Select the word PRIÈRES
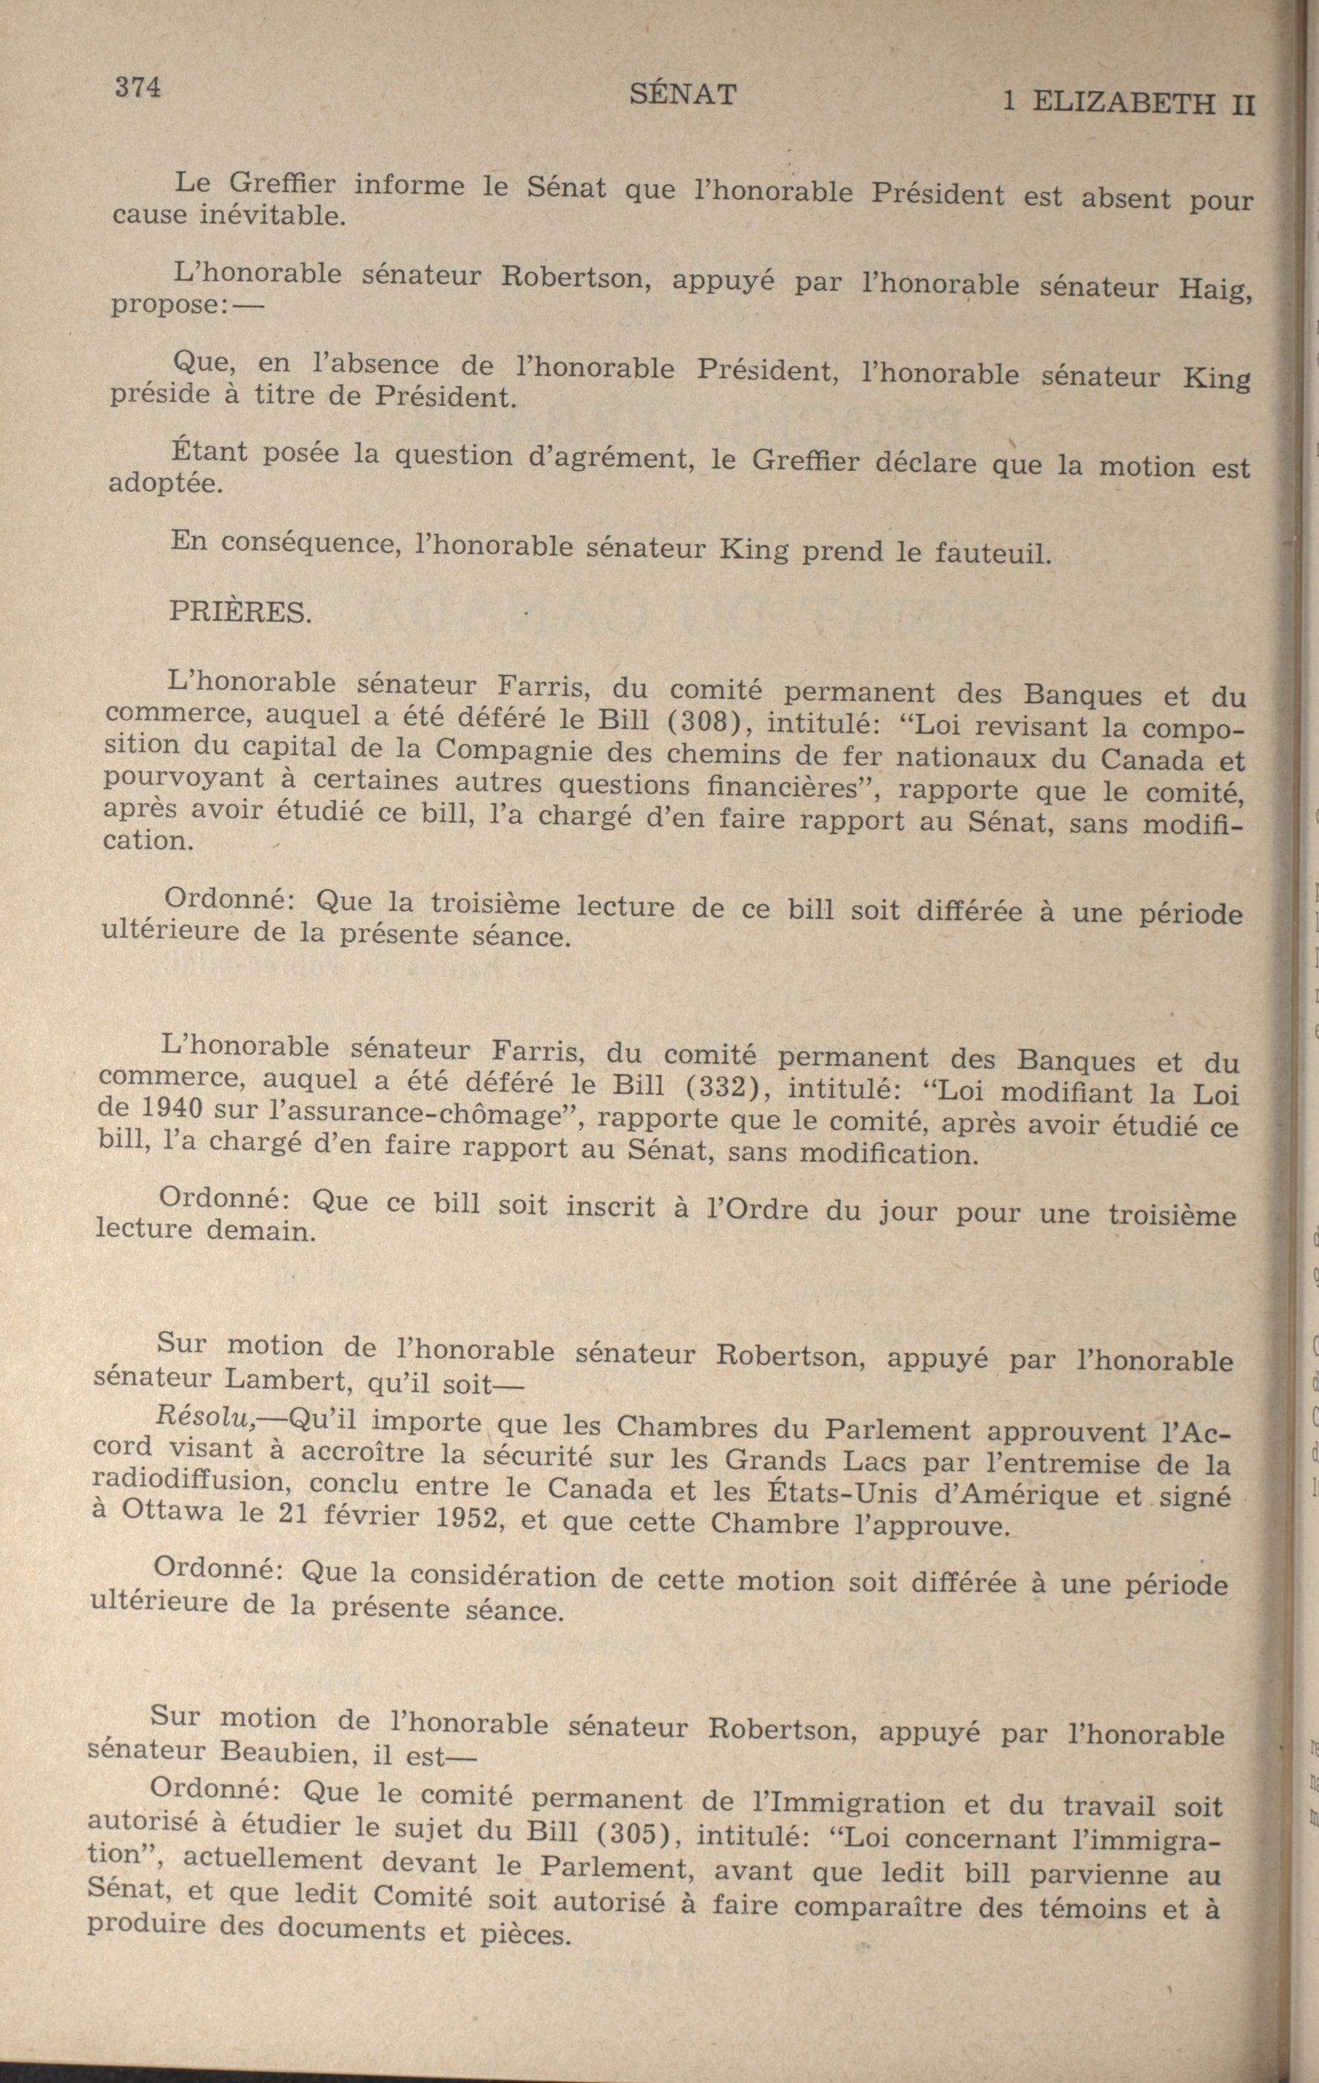point(238,612)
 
